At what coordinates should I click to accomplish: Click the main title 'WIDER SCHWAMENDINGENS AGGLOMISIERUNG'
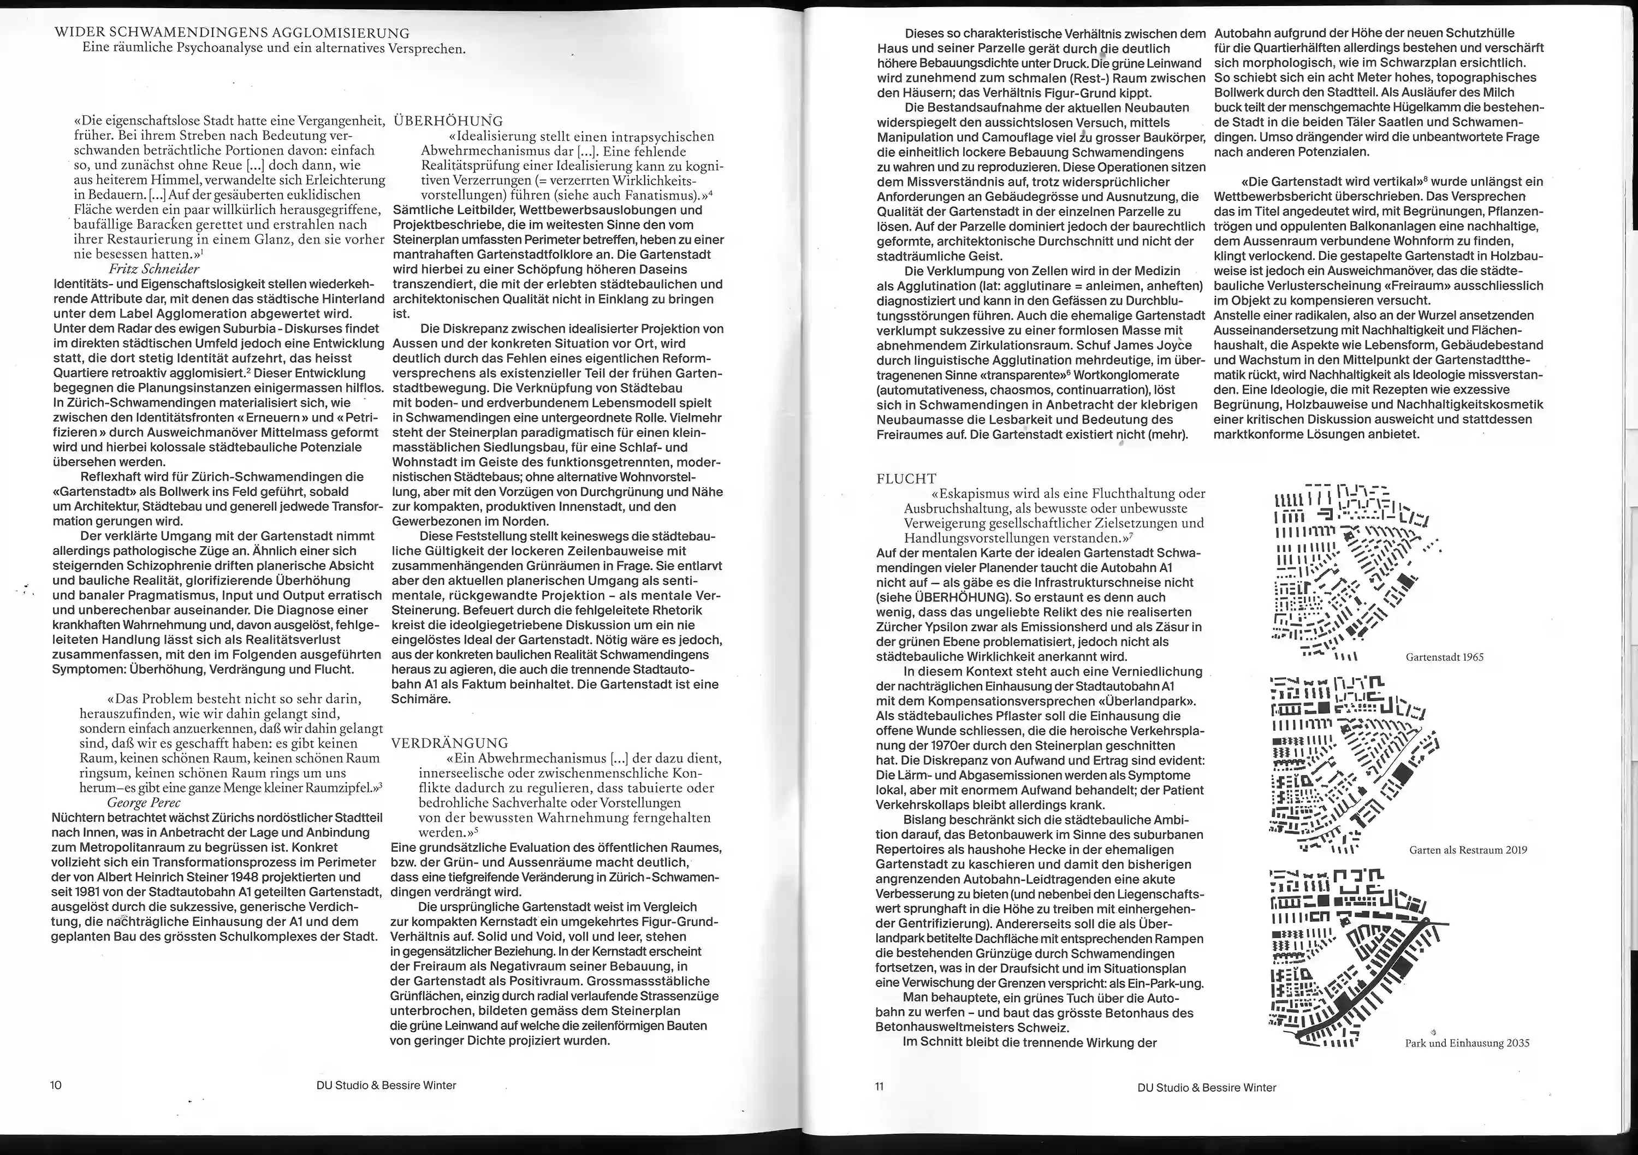[x=232, y=33]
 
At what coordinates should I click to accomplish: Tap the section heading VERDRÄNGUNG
[x=449, y=743]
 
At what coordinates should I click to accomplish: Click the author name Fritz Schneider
[x=153, y=269]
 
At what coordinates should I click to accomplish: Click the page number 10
[x=56, y=1085]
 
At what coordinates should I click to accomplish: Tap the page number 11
[x=879, y=1087]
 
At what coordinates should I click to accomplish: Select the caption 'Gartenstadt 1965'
[x=1445, y=657]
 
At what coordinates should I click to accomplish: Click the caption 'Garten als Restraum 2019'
[x=1468, y=850]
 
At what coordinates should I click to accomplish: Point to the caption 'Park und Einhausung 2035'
[x=1467, y=1043]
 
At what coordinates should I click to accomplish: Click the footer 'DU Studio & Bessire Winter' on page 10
[x=386, y=1085]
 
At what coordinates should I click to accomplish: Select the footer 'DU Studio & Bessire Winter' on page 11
[x=1206, y=1087]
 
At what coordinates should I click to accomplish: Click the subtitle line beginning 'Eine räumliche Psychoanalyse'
[x=274, y=49]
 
